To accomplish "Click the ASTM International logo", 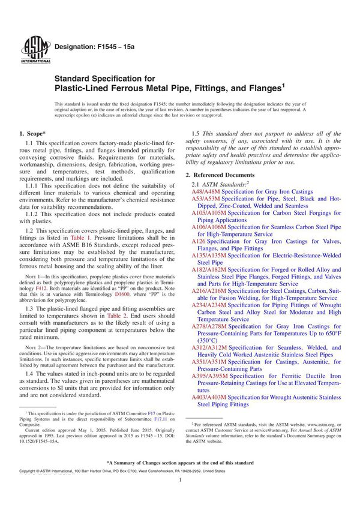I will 31,49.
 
